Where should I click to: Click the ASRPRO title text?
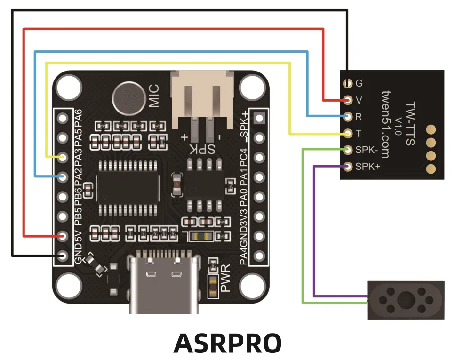pos(227,344)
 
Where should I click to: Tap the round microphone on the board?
pos(129,97)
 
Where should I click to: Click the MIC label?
pos(154,96)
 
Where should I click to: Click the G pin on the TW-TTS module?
pos(348,84)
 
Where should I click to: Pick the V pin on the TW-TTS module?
pos(348,100)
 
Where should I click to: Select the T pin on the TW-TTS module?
pos(348,133)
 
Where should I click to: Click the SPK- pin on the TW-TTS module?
pos(348,150)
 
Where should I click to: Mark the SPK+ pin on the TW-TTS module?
pos(348,166)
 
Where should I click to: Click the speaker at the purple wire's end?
pos(405,300)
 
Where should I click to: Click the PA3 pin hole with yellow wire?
pos(62,157)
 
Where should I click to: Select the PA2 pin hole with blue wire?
pos(62,177)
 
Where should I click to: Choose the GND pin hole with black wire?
pos(62,256)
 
